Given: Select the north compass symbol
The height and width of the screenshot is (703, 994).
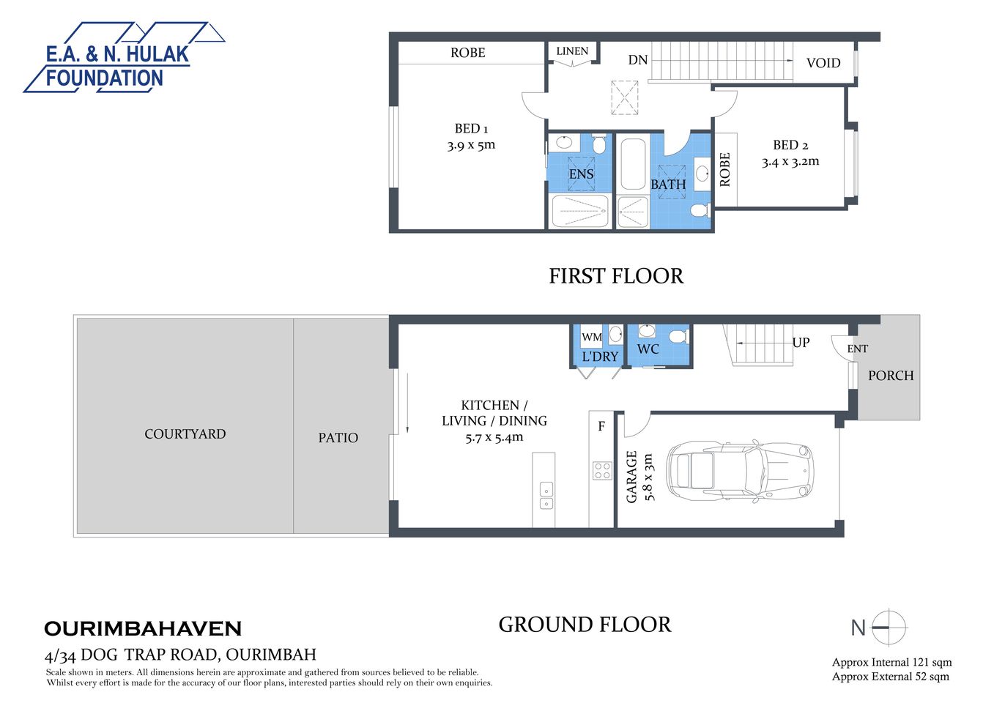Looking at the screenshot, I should [x=889, y=628].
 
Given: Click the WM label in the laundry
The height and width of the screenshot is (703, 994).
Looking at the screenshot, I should [x=591, y=338].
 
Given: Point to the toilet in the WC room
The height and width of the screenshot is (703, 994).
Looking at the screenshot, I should [x=677, y=336].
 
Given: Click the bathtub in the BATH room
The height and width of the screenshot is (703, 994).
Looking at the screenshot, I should [x=633, y=164].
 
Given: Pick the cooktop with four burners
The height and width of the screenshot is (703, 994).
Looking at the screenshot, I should [x=602, y=470].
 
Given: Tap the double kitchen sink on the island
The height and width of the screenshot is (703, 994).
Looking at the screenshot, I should [x=546, y=495].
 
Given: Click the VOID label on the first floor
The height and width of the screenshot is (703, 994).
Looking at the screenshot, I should [x=823, y=63].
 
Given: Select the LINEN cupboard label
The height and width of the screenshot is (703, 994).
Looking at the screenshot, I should [x=572, y=51].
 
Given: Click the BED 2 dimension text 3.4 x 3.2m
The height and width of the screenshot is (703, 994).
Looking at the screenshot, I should [x=790, y=162].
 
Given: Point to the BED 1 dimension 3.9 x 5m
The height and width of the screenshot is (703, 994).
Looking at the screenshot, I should [x=471, y=145].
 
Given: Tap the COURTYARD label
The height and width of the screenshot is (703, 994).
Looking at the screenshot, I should [x=185, y=434].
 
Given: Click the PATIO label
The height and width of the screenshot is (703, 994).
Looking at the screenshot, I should [x=338, y=438].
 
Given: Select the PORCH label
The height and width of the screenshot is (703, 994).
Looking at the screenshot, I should [x=891, y=376].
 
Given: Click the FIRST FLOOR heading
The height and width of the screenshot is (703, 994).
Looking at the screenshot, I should [x=616, y=276].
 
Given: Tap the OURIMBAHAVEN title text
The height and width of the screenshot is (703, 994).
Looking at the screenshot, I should [x=143, y=629].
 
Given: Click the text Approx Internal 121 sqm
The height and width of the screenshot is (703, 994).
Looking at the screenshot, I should [x=891, y=662].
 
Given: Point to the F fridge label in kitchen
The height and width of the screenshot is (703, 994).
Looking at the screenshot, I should [x=601, y=426].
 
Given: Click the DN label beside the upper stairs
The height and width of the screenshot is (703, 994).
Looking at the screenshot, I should [x=637, y=60].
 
